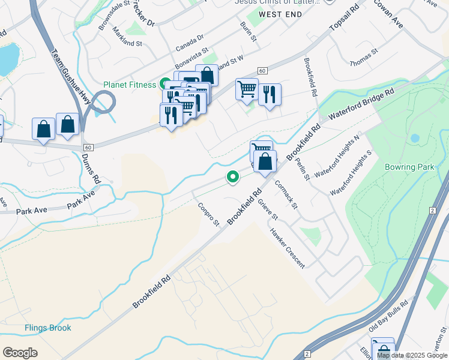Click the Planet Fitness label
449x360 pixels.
[129, 85]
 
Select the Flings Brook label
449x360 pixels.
[47, 328]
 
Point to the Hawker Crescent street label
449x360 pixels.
[287, 248]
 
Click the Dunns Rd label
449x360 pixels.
[91, 168]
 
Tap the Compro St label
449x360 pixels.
[209, 214]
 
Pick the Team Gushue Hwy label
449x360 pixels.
[71, 78]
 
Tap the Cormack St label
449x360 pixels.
[286, 194]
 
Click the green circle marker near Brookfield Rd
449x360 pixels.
[232, 176]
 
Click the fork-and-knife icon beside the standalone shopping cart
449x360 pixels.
[270, 93]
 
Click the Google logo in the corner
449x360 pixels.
[20, 353]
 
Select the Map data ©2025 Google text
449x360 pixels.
[412, 355]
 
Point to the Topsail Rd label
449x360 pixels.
[344, 20]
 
